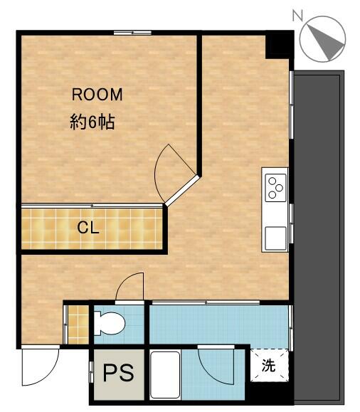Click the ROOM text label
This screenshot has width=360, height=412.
pyautogui.click(x=97, y=95)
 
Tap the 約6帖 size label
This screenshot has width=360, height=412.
pyautogui.click(x=92, y=122)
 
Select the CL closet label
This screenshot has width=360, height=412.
pyautogui.click(x=88, y=228)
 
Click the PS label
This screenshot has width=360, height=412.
pyautogui.click(x=119, y=372)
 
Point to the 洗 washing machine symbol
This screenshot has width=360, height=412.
pyautogui.click(x=269, y=365)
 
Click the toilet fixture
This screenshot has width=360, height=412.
pyautogui.click(x=109, y=324)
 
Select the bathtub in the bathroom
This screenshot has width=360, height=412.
pyautogui.click(x=165, y=375)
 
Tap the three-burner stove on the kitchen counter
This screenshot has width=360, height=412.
pyautogui.click(x=275, y=188)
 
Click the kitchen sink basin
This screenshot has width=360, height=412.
pyautogui.click(x=275, y=238)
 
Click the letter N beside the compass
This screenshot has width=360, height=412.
pyautogui.click(x=297, y=16)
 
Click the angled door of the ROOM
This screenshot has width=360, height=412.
pyautogui.click(x=182, y=191)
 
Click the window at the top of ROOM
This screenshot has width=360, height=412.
pyautogui.click(x=132, y=33)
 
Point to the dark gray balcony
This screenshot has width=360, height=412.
pyautogui.click(x=319, y=238)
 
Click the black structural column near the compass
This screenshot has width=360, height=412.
pyautogui.click(x=279, y=46)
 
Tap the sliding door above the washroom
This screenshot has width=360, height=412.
pyautogui.click(x=206, y=302)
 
